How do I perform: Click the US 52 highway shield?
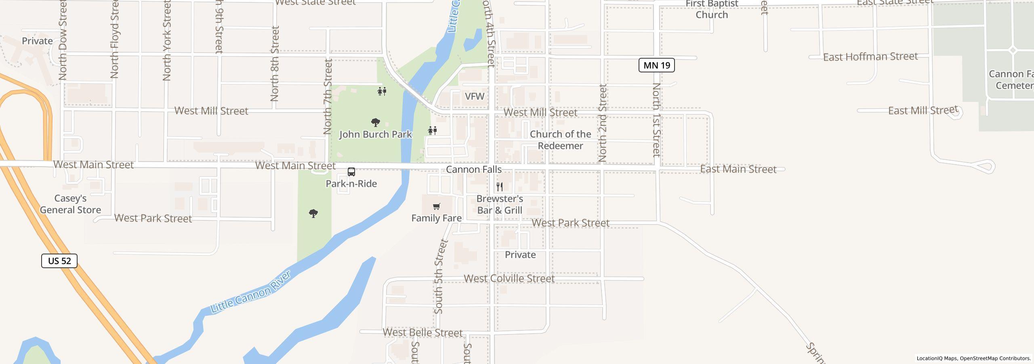click(59, 261)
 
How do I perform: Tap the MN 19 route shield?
click(656, 65)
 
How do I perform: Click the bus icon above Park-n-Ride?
click(351, 172)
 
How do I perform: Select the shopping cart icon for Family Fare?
click(436, 207)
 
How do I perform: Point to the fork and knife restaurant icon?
click(500, 186)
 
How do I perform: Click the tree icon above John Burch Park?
click(376, 122)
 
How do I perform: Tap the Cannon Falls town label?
click(474, 169)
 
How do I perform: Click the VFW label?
click(475, 96)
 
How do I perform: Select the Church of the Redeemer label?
click(560, 140)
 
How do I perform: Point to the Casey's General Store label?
click(70, 204)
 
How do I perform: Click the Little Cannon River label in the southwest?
click(251, 292)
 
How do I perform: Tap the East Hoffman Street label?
click(870, 57)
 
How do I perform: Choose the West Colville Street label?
click(509, 279)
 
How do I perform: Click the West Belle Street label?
click(422, 332)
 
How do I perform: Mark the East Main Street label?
click(738, 169)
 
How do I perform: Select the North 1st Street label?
click(656, 120)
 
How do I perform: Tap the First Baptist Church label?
click(712, 10)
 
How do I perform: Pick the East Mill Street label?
click(923, 110)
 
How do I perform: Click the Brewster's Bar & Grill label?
click(500, 204)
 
